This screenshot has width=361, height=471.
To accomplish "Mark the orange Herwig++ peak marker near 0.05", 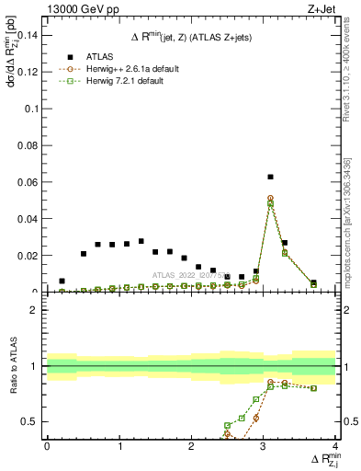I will pyautogui.click(x=270, y=198).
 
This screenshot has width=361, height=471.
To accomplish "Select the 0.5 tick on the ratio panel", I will pyautogui.click(x=32, y=421).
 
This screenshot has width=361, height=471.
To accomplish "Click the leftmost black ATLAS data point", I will pyautogui.click(x=62, y=281).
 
